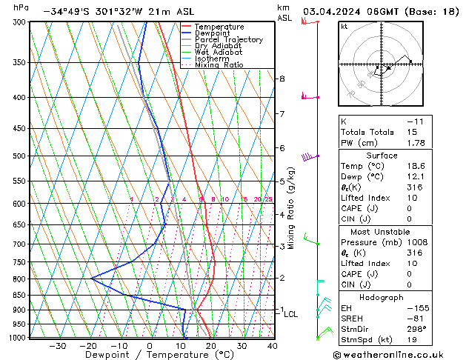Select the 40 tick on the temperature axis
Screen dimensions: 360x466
[x=273, y=345]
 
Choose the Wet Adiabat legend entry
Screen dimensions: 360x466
[x=218, y=53]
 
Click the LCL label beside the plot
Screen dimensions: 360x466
[x=291, y=314]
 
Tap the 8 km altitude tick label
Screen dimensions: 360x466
[x=282, y=79]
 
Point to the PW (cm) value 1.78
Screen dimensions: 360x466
[x=415, y=143]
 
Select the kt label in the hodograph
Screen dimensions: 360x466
[x=344, y=26]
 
